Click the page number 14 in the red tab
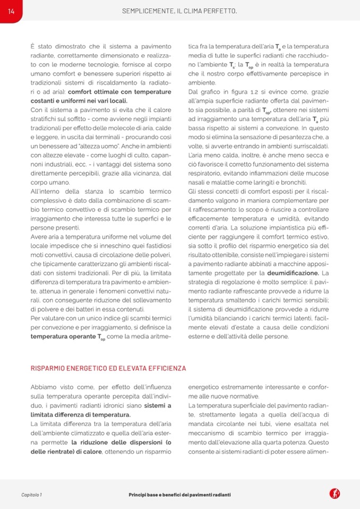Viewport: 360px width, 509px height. point(11,11)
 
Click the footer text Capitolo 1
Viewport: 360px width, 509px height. point(31,495)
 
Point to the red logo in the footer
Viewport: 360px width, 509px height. point(335,494)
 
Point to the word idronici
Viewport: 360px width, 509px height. point(112,406)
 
